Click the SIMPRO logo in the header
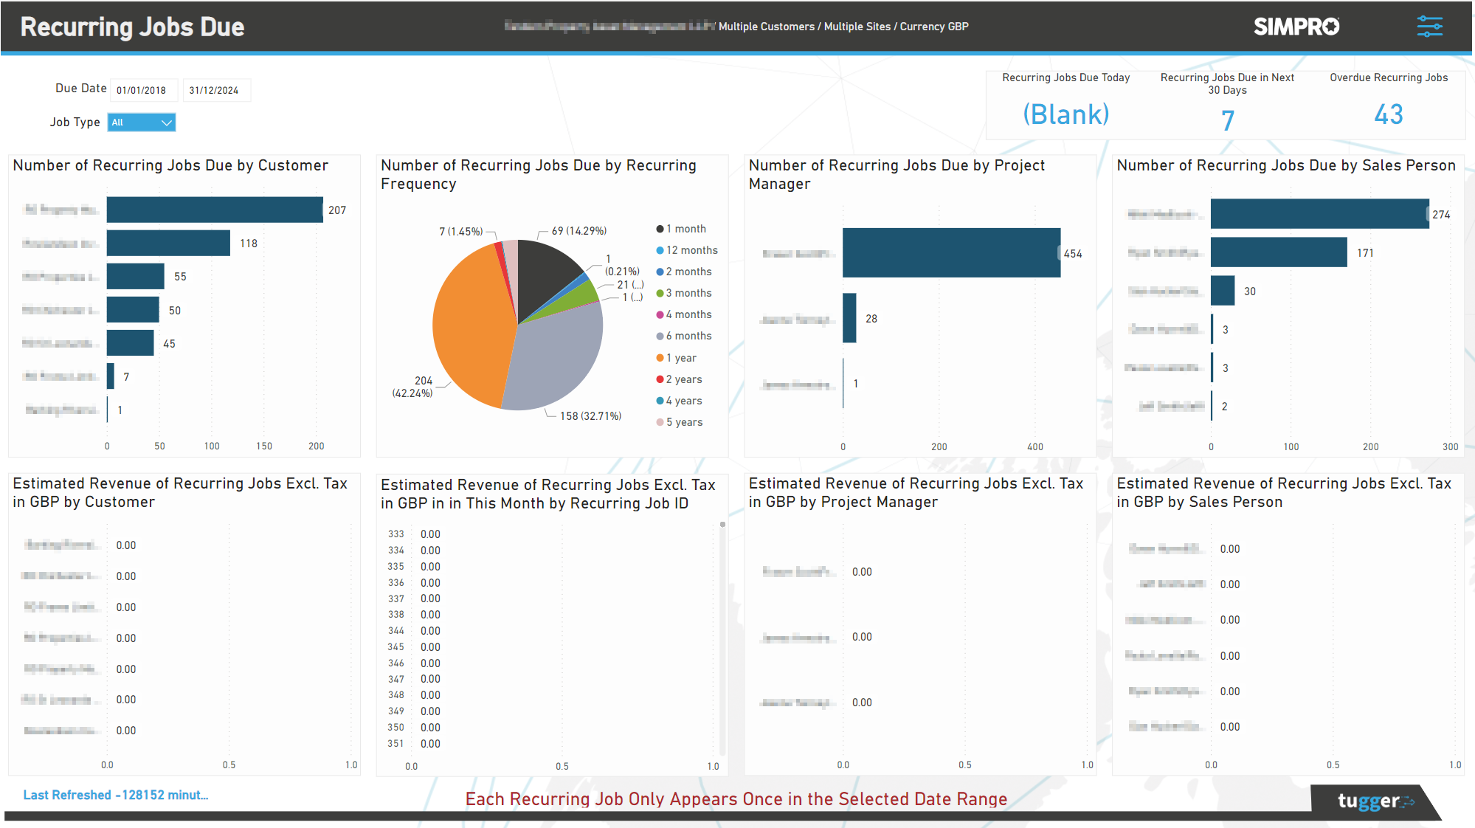(1296, 27)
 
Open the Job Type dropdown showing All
(142, 123)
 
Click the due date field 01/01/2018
(143, 90)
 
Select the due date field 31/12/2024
(215, 90)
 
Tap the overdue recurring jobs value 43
(1388, 114)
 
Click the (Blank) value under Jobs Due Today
(1065, 114)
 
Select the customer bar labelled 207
(214, 210)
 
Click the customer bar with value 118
(168, 243)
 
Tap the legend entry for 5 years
(683, 422)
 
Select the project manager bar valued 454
(951, 253)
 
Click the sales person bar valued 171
(1278, 252)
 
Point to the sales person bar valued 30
(1222, 291)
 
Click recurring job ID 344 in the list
(396, 631)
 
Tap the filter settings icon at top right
(1429, 27)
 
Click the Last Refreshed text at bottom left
(116, 795)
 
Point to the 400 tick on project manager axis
(1034, 446)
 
